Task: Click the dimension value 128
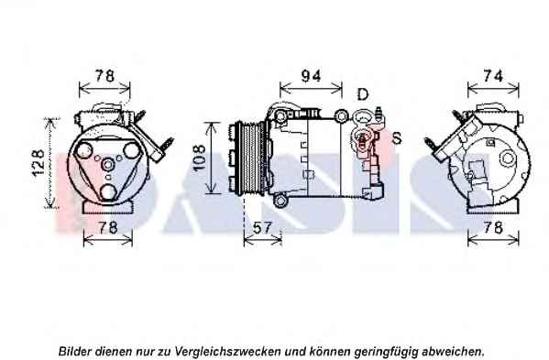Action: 38,163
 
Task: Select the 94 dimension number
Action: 311,76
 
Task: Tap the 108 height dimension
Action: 199,158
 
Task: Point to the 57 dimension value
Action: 262,228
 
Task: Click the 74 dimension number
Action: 493,76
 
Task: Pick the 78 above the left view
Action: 104,75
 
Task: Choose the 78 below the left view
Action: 107,228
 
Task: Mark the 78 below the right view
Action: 493,228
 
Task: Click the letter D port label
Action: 363,94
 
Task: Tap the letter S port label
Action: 397,138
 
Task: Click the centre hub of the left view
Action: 108,165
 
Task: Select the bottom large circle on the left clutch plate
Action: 108,191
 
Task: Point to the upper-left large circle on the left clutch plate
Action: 84,149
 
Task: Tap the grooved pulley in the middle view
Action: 250,158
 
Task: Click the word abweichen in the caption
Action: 454,351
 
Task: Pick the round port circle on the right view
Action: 508,158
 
